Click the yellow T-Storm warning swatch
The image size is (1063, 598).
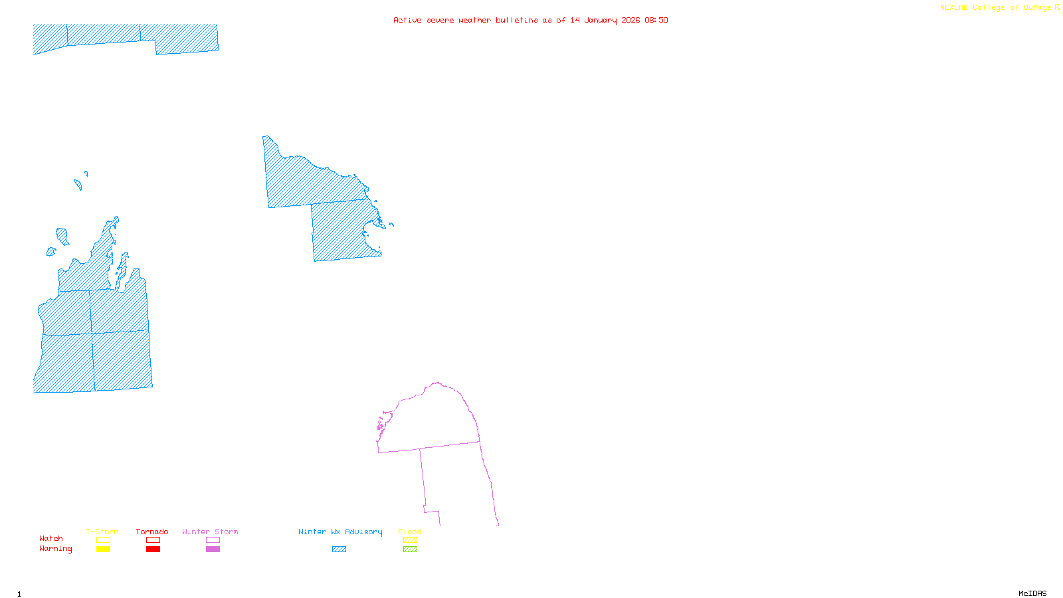click(103, 549)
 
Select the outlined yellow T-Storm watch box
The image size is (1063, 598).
click(103, 540)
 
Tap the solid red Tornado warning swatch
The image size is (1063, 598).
click(153, 549)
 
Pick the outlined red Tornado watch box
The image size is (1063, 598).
click(153, 540)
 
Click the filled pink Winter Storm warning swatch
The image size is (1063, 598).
click(213, 549)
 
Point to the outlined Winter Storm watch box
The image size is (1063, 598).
click(213, 540)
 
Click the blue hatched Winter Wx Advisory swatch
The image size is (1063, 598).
click(339, 549)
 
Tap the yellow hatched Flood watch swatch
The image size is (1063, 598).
click(410, 540)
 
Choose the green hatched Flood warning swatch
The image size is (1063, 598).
click(410, 549)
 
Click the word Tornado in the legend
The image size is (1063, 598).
click(152, 532)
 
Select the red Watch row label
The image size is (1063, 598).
click(51, 539)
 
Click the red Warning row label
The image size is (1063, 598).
click(56, 549)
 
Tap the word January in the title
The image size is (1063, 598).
click(601, 21)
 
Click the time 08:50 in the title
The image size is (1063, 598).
click(656, 21)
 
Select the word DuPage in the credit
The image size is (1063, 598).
click(1037, 8)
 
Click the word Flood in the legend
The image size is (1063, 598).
click(410, 532)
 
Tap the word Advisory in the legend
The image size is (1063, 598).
click(363, 532)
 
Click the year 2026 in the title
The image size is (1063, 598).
click(630, 21)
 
